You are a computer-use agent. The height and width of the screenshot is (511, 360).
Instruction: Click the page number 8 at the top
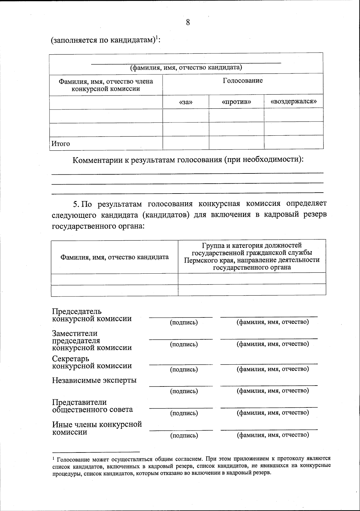[x=188, y=22]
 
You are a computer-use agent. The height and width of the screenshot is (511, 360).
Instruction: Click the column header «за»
[x=186, y=102]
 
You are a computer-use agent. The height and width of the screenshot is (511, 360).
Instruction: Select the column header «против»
[x=236, y=102]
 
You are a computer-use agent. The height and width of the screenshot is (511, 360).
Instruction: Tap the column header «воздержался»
[x=293, y=101]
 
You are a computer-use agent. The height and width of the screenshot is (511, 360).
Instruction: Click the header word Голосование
[x=243, y=80]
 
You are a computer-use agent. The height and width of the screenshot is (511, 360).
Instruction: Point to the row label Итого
[x=61, y=144]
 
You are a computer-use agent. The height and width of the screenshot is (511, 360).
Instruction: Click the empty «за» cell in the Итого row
[x=186, y=143]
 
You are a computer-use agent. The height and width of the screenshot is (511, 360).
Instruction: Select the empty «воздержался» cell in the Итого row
[x=293, y=143]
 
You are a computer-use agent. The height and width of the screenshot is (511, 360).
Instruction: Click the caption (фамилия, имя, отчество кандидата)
[x=186, y=67]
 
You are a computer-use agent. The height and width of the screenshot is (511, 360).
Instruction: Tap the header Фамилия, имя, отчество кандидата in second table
[x=115, y=257]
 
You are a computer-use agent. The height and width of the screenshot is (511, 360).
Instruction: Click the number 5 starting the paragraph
[x=76, y=204]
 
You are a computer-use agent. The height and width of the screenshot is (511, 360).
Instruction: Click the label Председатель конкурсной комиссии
[x=92, y=315]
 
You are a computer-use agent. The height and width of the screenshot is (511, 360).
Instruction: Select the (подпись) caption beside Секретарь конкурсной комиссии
[x=184, y=369]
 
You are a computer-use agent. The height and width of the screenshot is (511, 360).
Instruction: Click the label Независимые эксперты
[x=94, y=380]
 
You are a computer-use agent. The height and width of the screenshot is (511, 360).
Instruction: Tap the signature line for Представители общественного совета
[x=181, y=408]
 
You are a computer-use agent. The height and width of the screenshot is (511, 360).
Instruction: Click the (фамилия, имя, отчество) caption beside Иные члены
[x=273, y=435]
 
